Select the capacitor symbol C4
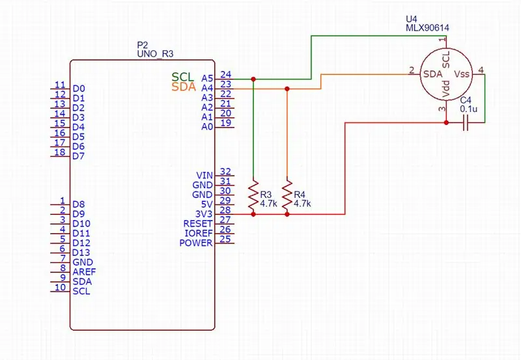click(x=466, y=122)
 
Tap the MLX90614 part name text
click(x=427, y=28)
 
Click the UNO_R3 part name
click(x=155, y=54)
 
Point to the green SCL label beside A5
click(x=182, y=77)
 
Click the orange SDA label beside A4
click(x=184, y=87)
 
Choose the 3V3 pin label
click(x=204, y=214)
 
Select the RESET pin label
click(x=198, y=223)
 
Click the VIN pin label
click(x=204, y=175)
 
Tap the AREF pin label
click(x=84, y=271)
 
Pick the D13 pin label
click(x=81, y=253)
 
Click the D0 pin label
click(x=79, y=89)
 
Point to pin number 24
click(x=225, y=74)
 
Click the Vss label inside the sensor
click(x=462, y=74)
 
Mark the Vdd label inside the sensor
click(x=446, y=89)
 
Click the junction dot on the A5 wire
click(x=253, y=79)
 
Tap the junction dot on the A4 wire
click(x=287, y=89)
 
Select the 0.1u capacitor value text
click(x=468, y=109)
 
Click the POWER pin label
click(x=196, y=243)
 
